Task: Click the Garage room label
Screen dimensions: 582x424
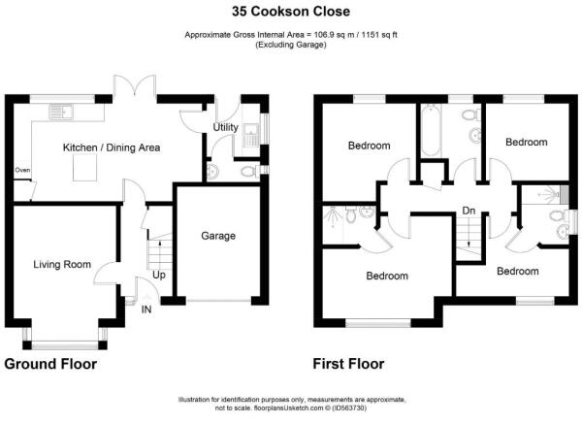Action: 218,236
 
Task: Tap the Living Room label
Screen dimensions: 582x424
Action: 62,264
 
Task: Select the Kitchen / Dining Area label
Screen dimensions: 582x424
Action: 112,147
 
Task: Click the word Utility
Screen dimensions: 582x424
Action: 225,127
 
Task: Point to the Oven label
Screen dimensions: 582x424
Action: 22,170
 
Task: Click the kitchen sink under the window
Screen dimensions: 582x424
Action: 61,113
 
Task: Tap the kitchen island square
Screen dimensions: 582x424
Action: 85,168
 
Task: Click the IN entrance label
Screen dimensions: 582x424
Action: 146,310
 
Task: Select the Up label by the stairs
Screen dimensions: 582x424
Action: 159,276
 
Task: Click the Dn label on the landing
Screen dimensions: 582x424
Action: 469,211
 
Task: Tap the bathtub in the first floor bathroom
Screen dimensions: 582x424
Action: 431,130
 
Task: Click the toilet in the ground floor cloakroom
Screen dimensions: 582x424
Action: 249,172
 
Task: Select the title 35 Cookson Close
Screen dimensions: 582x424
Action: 291,12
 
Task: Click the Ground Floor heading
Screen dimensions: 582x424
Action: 50,364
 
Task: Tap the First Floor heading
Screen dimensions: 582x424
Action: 348,364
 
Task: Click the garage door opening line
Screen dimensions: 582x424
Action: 218,300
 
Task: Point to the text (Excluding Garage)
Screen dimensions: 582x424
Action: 291,45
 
